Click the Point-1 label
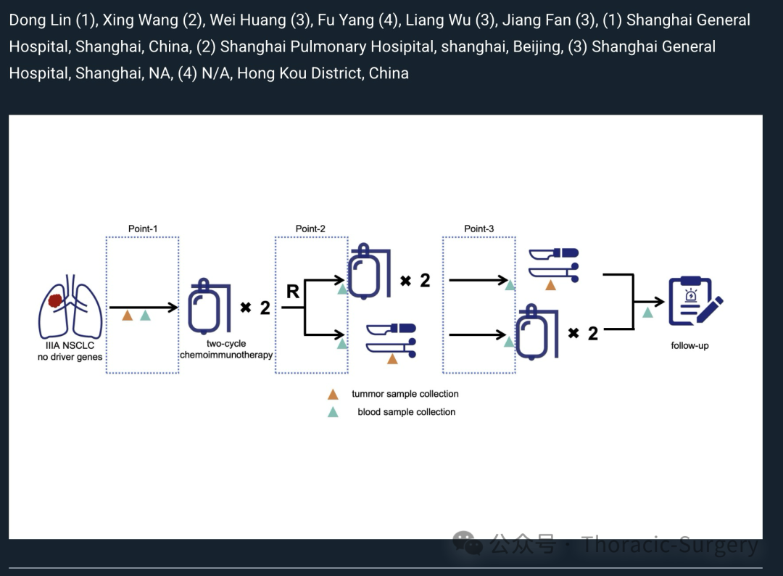tap(143, 229)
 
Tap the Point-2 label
tap(310, 229)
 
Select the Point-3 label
tap(479, 229)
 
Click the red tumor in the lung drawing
tap(55, 301)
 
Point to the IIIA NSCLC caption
tap(70, 345)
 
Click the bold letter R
tap(293, 291)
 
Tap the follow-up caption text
tap(689, 346)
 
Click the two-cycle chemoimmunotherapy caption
tap(226, 349)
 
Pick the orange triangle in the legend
tap(333, 395)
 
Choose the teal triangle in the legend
tap(333, 412)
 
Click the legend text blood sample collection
tap(407, 412)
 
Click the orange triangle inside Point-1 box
tap(128, 316)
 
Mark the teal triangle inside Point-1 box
tap(145, 316)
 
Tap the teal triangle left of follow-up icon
tap(647, 312)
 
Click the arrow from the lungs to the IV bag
tap(144, 308)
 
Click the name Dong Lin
tap(40, 20)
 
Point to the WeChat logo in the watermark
tap(468, 543)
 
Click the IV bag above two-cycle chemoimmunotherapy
tap(210, 306)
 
